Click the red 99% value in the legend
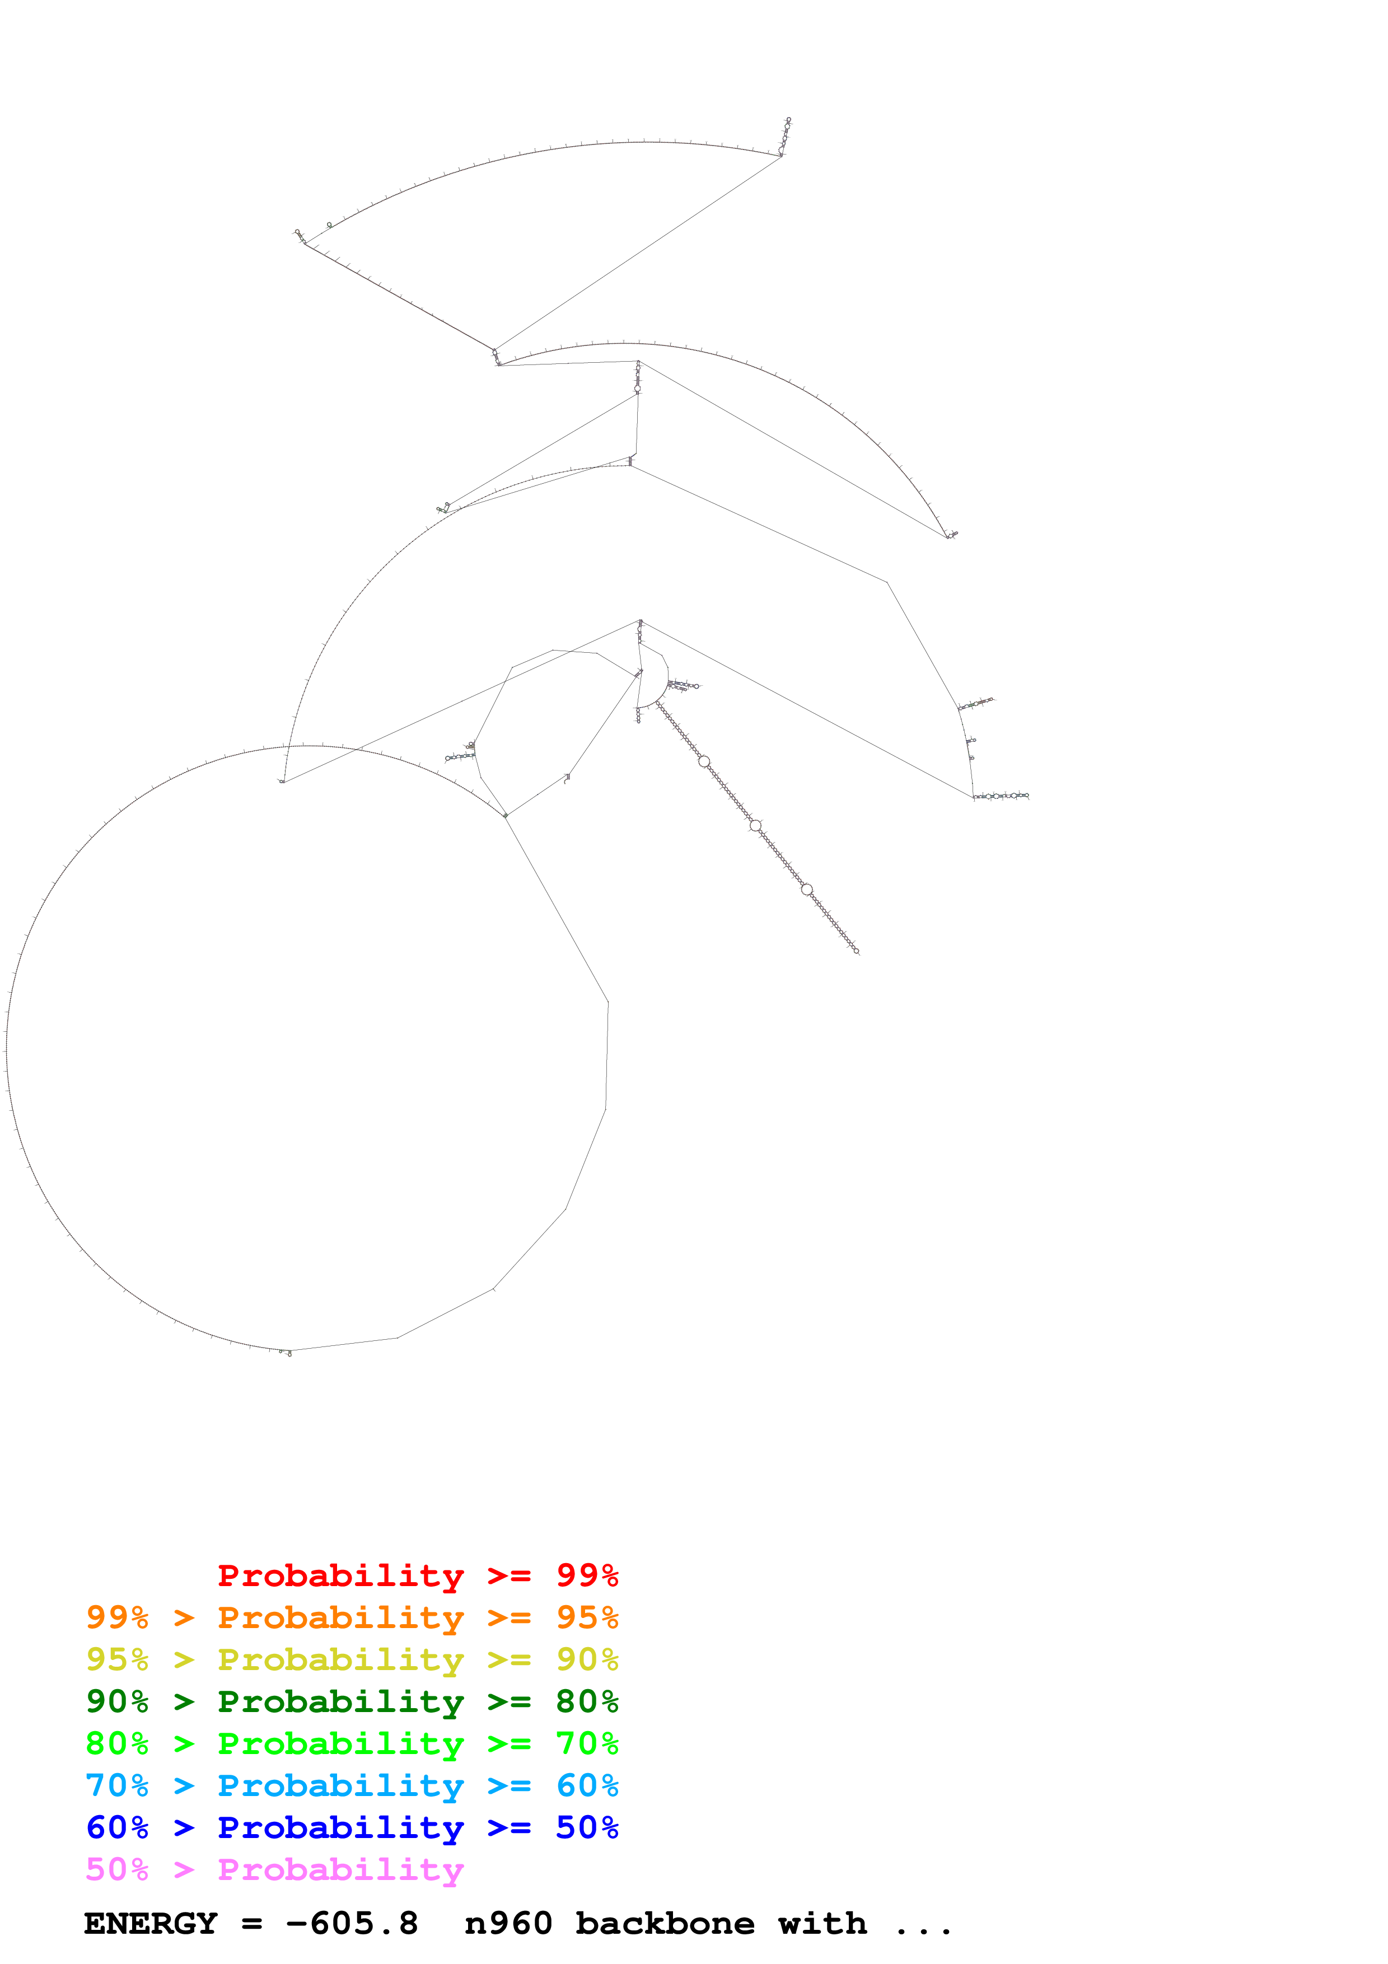click(x=587, y=1575)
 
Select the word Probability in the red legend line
click(x=340, y=1575)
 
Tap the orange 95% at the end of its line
click(x=587, y=1617)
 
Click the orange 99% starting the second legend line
click(x=117, y=1617)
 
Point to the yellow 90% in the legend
click(x=587, y=1659)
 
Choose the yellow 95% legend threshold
click(x=117, y=1659)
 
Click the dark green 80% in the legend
click(x=587, y=1701)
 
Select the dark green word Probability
click(x=340, y=1701)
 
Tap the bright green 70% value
click(x=587, y=1743)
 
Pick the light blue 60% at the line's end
click(x=587, y=1785)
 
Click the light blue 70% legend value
click(x=117, y=1785)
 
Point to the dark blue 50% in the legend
click(x=587, y=1827)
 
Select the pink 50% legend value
click(x=117, y=1869)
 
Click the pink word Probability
click(x=340, y=1869)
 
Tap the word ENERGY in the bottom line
click(x=151, y=1924)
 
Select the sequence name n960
click(x=508, y=1924)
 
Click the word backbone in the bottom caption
click(x=665, y=1924)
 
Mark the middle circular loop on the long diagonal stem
click(x=755, y=825)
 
